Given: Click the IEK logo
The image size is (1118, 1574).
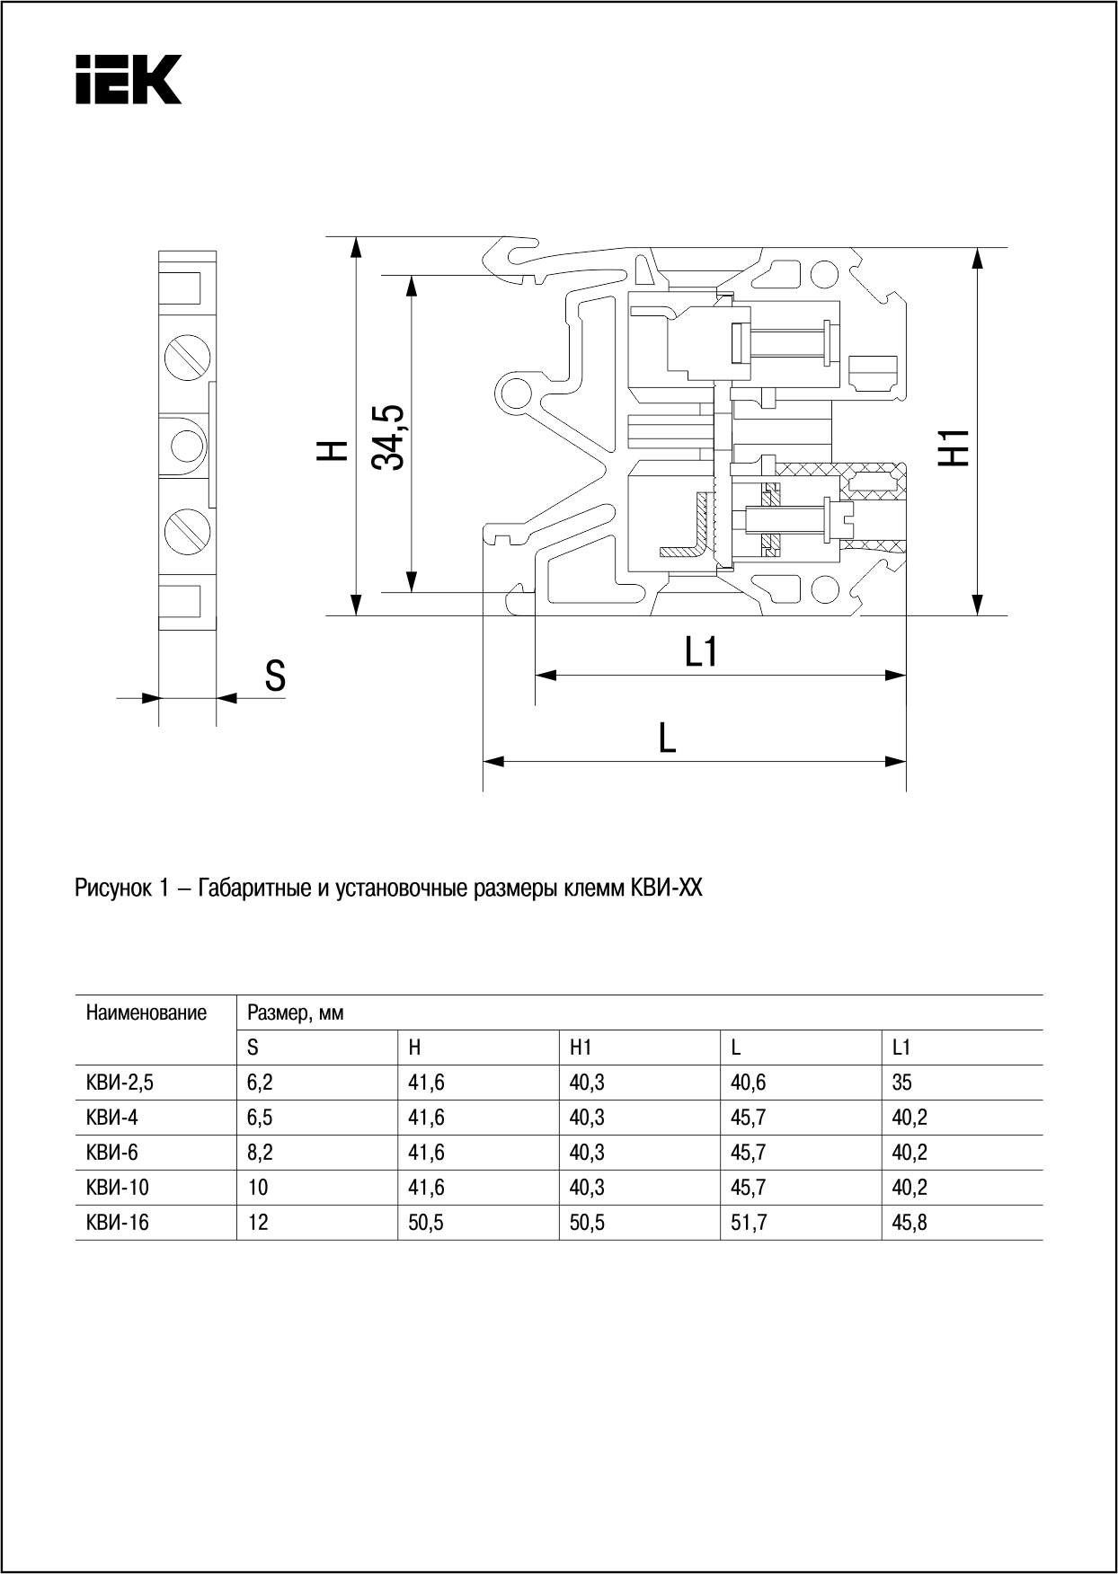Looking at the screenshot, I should (x=128, y=79).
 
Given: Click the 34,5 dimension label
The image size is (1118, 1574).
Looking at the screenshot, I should (x=388, y=437).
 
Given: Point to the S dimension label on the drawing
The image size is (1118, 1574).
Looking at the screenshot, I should (x=275, y=676).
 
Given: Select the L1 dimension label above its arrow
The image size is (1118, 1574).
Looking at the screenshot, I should (x=701, y=651).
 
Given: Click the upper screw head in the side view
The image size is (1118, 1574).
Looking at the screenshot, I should (x=188, y=358).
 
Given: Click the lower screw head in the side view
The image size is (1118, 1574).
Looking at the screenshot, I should (x=188, y=529).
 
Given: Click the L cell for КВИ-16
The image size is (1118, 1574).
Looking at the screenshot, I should (x=749, y=1223).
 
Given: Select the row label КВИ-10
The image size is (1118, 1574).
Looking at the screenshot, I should (x=118, y=1188).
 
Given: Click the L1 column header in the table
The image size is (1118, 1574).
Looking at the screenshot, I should (x=901, y=1048).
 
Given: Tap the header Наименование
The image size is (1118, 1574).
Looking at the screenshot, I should (x=146, y=1013).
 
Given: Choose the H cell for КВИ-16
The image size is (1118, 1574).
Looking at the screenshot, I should (x=426, y=1223).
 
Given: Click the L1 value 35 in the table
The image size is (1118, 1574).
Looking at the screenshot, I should (x=901, y=1083).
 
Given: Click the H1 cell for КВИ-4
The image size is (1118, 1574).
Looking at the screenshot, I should (x=587, y=1118).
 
